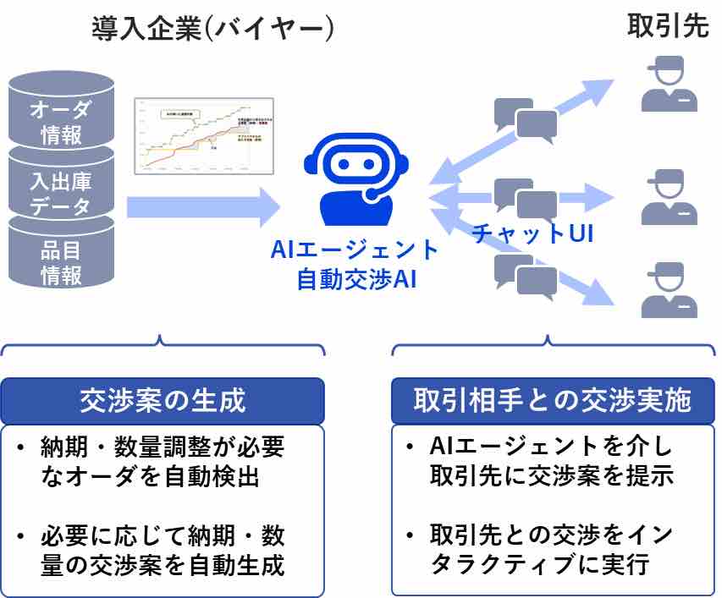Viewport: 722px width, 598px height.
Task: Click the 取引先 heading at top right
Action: [667, 26]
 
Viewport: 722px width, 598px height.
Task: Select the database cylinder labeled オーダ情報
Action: [61, 114]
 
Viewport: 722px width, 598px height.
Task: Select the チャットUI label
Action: [532, 233]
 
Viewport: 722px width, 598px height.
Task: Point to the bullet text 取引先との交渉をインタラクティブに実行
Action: [551, 549]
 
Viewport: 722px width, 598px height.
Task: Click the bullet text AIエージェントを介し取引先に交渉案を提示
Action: [551, 461]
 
